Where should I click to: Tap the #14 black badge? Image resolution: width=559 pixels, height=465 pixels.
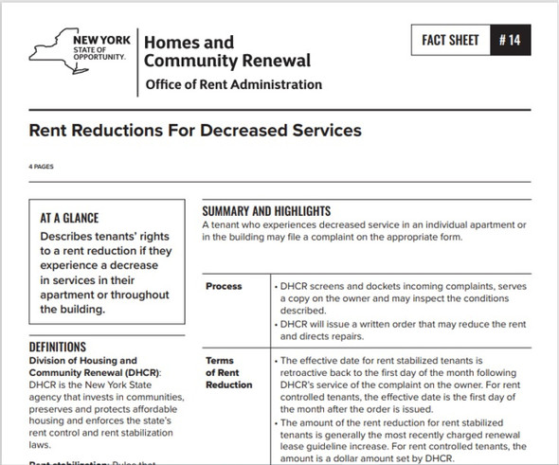(x=518, y=42)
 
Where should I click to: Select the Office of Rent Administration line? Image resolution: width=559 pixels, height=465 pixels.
(x=233, y=84)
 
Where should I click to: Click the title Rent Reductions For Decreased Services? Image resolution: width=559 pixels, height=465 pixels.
(x=195, y=130)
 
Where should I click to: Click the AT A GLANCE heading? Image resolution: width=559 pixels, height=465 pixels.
(x=69, y=218)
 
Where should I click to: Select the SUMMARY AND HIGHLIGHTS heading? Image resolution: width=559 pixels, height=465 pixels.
(x=266, y=209)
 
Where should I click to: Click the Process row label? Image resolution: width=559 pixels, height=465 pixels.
(x=225, y=286)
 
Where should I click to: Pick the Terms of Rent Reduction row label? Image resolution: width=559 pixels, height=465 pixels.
(x=227, y=373)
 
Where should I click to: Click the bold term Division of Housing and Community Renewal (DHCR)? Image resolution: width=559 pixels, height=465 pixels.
(x=95, y=367)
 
